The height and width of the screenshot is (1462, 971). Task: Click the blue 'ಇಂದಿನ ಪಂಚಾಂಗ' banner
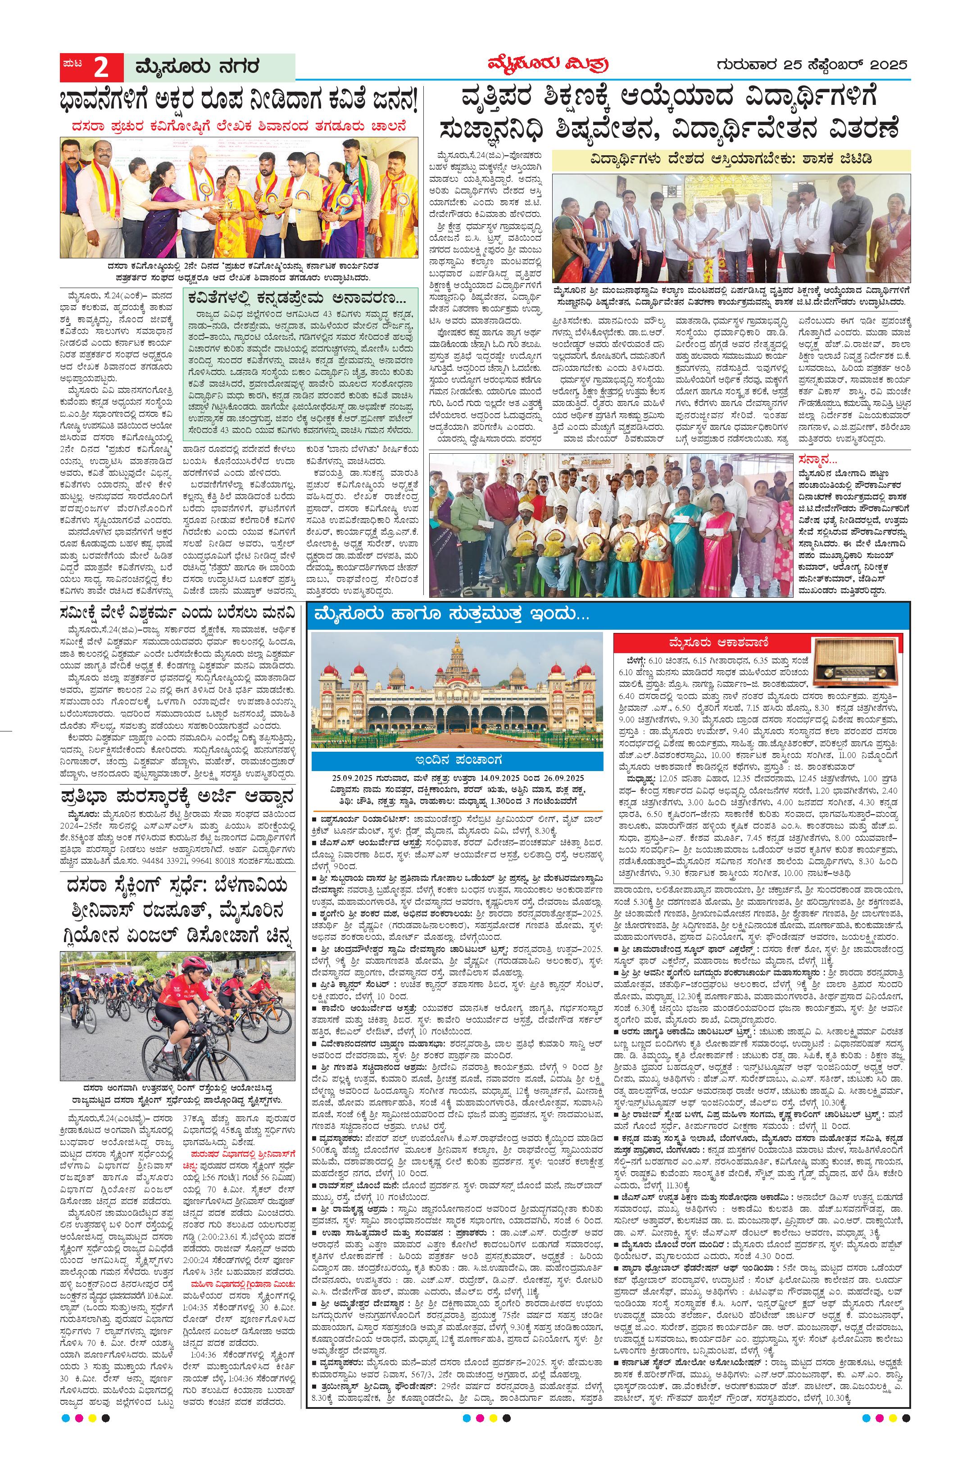pos(457,760)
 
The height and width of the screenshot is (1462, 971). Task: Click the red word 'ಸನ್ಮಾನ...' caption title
pos(818,460)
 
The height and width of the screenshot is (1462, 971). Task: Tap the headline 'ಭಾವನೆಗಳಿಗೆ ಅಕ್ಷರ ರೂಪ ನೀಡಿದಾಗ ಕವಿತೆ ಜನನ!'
pos(238,99)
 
